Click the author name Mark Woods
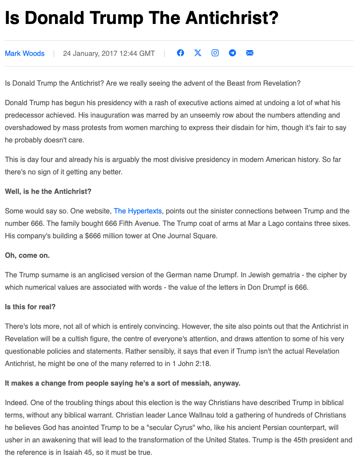click(24, 54)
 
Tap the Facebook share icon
click(180, 53)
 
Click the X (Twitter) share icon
click(198, 53)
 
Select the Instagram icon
click(215, 53)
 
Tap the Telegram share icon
click(232, 53)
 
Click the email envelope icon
click(249, 53)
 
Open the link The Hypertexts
click(138, 211)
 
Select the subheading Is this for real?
click(30, 307)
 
